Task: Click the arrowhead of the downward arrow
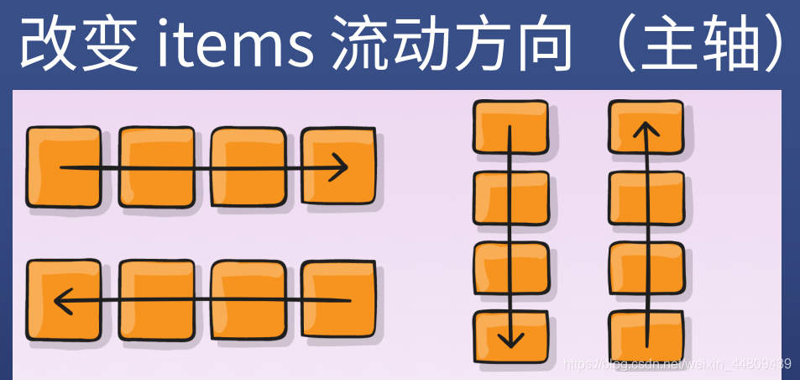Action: [510, 339]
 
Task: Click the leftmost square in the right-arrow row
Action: [63, 166]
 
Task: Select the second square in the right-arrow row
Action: [156, 166]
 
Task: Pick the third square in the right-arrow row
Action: [248, 166]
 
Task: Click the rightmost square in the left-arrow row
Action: [337, 299]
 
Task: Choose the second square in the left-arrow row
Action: [156, 299]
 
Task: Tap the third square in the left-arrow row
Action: [248, 299]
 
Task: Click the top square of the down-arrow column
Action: [510, 127]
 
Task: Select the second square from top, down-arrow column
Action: [510, 198]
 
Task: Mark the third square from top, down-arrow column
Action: [510, 268]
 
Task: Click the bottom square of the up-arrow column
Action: [645, 337]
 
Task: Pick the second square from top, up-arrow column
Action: [645, 198]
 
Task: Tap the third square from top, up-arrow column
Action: [645, 268]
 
